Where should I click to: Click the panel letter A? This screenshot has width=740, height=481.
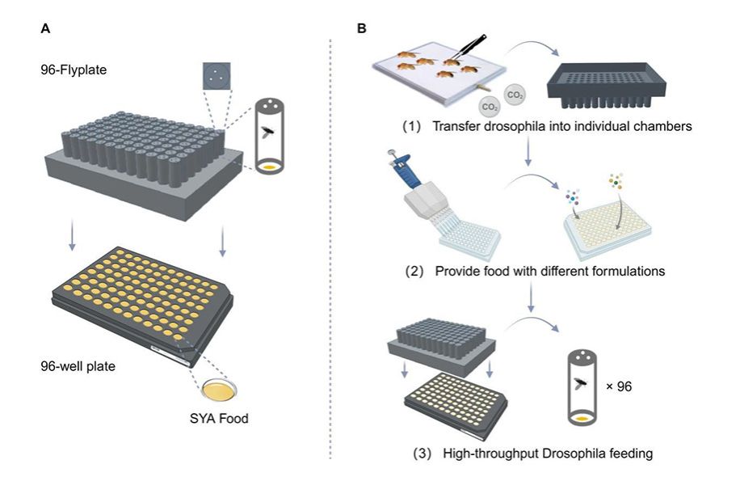point(45,27)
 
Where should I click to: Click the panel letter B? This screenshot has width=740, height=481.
point(361,27)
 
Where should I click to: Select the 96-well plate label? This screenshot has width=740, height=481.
point(78,366)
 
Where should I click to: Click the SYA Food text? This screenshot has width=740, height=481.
point(226,420)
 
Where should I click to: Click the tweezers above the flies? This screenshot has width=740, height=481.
point(473,45)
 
